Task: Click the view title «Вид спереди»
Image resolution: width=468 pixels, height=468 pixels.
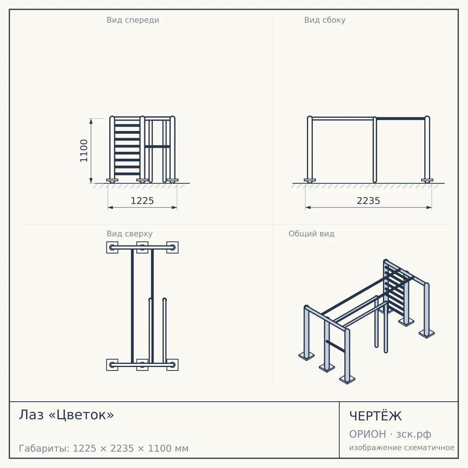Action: (x=133, y=20)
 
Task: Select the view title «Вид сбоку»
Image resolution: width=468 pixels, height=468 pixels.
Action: (x=325, y=20)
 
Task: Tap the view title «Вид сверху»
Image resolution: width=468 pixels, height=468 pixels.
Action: (x=129, y=234)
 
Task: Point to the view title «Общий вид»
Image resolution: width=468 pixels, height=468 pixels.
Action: (x=311, y=234)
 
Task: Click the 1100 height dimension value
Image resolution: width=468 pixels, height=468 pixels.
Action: (x=84, y=151)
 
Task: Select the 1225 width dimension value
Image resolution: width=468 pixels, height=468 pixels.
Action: (x=142, y=201)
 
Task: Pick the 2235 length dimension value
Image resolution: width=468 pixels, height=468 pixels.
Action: (x=368, y=201)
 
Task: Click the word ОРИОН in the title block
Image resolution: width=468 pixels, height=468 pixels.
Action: (x=367, y=434)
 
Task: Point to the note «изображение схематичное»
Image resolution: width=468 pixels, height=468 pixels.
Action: (x=402, y=447)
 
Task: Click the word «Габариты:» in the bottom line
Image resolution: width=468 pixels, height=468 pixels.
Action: (x=44, y=448)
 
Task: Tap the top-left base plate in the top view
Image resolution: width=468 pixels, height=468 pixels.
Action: (x=112, y=248)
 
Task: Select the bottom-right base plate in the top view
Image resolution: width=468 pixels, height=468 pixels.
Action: (x=172, y=365)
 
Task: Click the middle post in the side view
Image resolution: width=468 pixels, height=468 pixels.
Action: (x=375, y=150)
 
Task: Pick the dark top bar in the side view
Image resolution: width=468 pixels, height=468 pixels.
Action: (x=401, y=119)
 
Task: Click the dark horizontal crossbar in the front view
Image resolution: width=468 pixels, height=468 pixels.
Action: (x=158, y=147)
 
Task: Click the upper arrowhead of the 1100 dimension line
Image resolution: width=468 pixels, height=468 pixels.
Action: (x=91, y=121)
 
